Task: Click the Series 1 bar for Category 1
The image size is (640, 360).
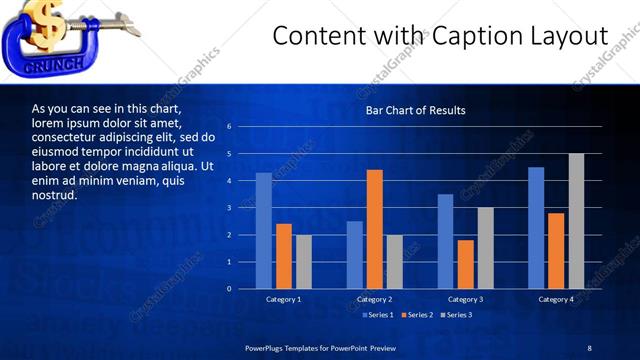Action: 263,231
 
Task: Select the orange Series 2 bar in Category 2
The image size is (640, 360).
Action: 375,229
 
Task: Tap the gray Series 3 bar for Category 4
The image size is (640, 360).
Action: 576,221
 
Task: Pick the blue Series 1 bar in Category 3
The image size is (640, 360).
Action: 445,241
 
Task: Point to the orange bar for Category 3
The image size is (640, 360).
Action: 465,264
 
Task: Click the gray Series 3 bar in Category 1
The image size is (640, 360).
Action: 303,262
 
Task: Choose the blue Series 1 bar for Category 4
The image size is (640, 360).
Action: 536,228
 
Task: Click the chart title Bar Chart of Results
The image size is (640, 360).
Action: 414,110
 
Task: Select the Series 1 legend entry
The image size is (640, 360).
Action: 376,315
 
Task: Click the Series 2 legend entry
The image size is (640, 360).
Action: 416,315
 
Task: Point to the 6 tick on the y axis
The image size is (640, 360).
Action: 229,127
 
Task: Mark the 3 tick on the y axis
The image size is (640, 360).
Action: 229,208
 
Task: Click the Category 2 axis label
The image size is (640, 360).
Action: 374,300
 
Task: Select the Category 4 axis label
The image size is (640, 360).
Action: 556,300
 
